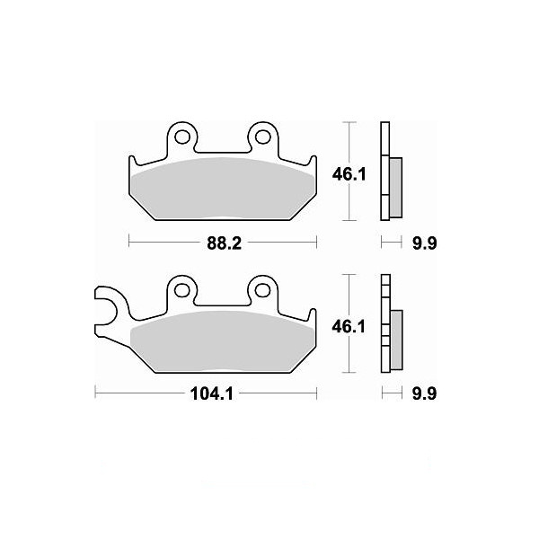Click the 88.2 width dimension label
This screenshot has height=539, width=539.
(x=224, y=243)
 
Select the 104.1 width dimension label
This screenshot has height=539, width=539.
(x=212, y=393)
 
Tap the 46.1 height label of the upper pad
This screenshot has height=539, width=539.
(x=349, y=175)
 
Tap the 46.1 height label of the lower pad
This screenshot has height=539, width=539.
(x=349, y=327)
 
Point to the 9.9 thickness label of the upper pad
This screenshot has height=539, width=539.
(x=425, y=243)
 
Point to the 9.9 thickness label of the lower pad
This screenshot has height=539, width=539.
(x=425, y=393)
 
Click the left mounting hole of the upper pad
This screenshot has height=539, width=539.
(x=182, y=137)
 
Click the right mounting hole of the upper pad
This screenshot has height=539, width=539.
(x=263, y=137)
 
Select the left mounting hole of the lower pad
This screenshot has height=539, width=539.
(x=182, y=290)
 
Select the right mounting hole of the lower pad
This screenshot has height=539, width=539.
(x=263, y=290)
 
